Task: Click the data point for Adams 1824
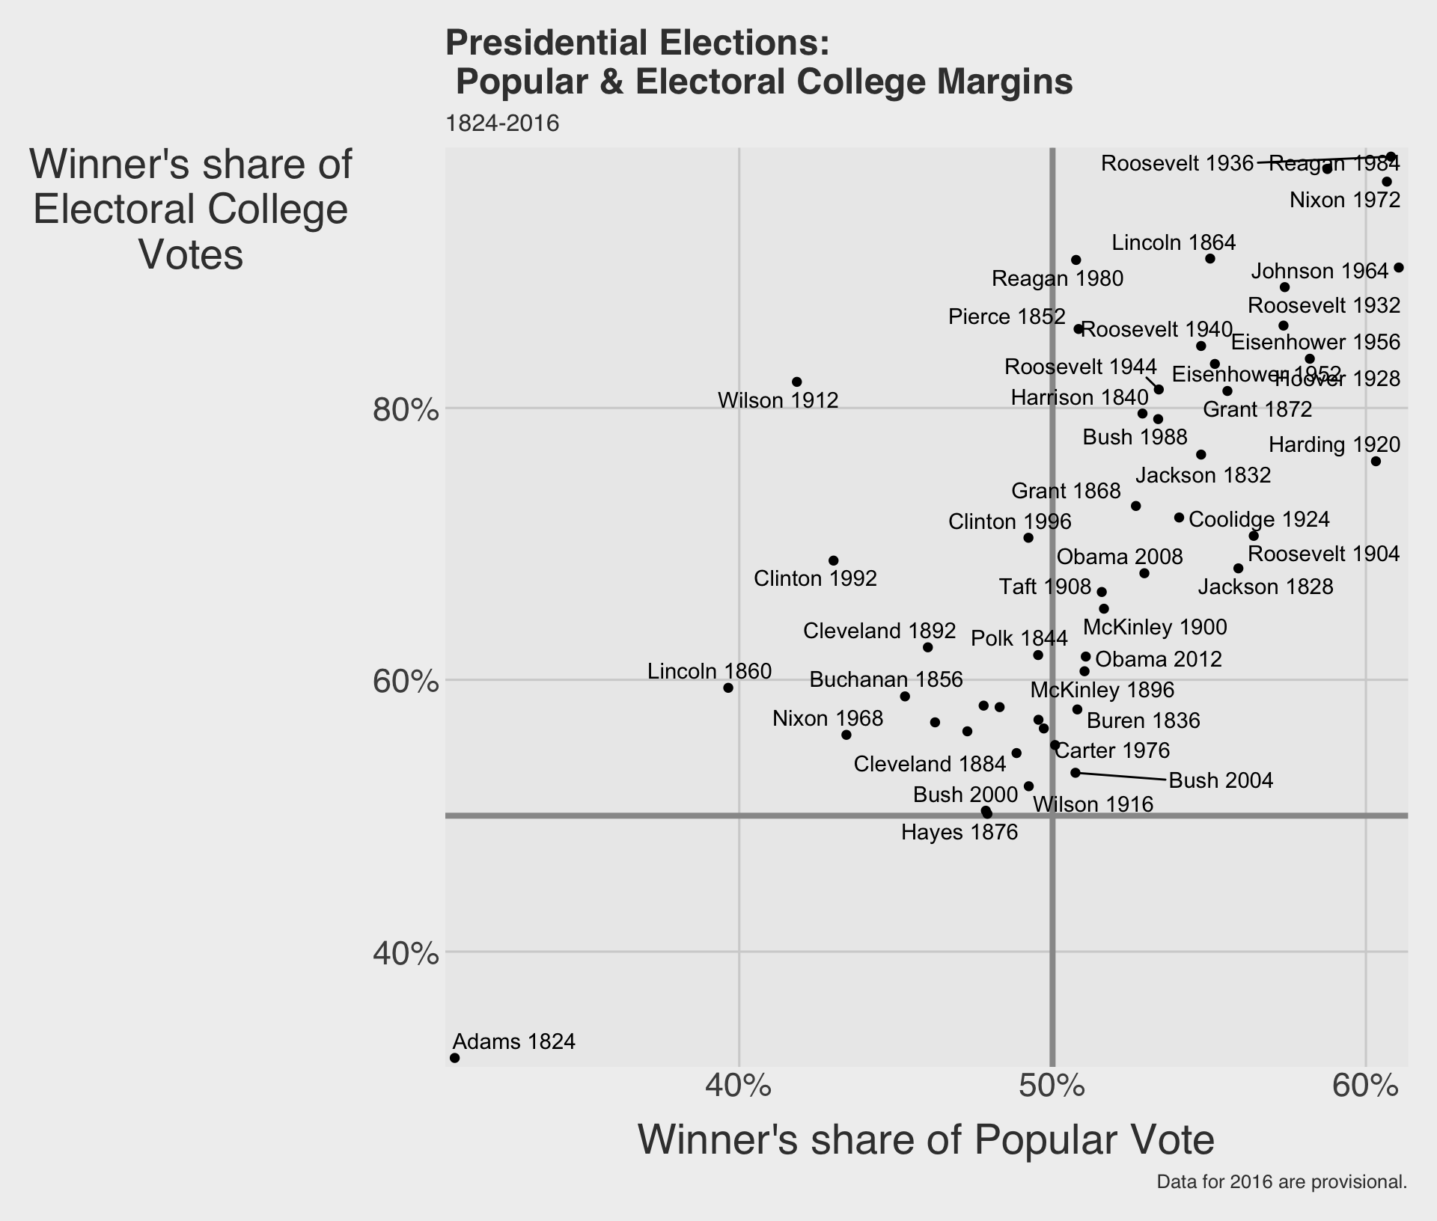pos(454,1058)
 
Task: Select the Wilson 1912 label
pos(778,401)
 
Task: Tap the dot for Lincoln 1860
pos(728,688)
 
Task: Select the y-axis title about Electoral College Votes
pos(191,209)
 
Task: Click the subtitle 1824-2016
pos(502,123)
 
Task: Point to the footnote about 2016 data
pos(1281,1183)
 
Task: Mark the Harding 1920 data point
pos(1376,462)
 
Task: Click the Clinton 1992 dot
pos(834,560)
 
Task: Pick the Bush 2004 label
pos(1221,781)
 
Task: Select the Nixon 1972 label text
pos(1345,201)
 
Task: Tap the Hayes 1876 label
pos(959,832)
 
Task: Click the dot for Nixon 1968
pos(846,735)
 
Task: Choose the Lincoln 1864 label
pos(1174,242)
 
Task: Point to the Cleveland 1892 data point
pos(928,647)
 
